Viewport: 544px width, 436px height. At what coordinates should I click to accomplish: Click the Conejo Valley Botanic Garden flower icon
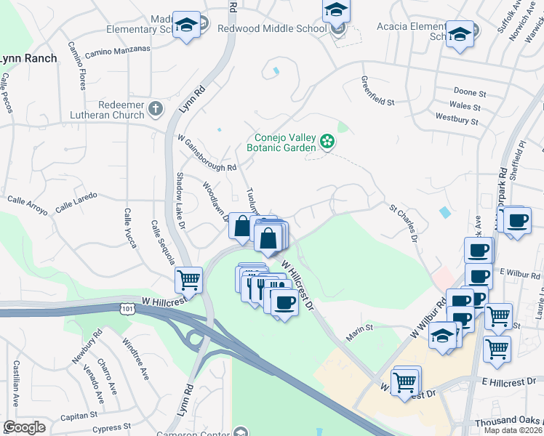click(x=328, y=141)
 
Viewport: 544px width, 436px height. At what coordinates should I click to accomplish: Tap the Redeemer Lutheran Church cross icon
click(x=155, y=109)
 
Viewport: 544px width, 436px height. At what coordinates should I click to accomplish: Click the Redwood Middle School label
click(x=272, y=28)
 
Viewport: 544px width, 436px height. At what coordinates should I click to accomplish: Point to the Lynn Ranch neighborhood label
click(x=28, y=58)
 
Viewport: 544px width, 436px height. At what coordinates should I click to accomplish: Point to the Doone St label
click(x=469, y=93)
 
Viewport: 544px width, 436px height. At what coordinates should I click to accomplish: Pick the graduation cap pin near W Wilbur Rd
click(x=442, y=335)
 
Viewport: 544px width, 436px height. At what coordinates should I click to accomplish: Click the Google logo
click(x=24, y=427)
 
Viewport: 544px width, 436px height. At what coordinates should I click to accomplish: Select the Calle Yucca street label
click(x=131, y=227)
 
